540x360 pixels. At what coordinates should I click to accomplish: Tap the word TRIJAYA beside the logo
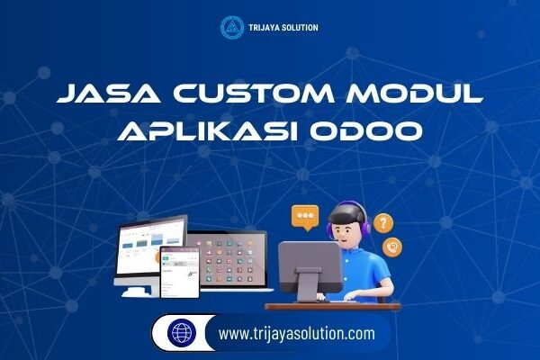click(x=265, y=28)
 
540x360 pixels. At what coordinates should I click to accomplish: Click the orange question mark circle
click(x=383, y=222)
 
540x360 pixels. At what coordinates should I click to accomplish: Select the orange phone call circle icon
click(x=392, y=246)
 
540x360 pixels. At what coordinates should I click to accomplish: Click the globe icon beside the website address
click(x=183, y=333)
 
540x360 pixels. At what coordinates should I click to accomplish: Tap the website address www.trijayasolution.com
click(x=296, y=334)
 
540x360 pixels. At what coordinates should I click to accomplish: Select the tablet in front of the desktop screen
click(x=179, y=271)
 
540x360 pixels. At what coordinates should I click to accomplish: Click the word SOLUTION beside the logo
click(x=300, y=28)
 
